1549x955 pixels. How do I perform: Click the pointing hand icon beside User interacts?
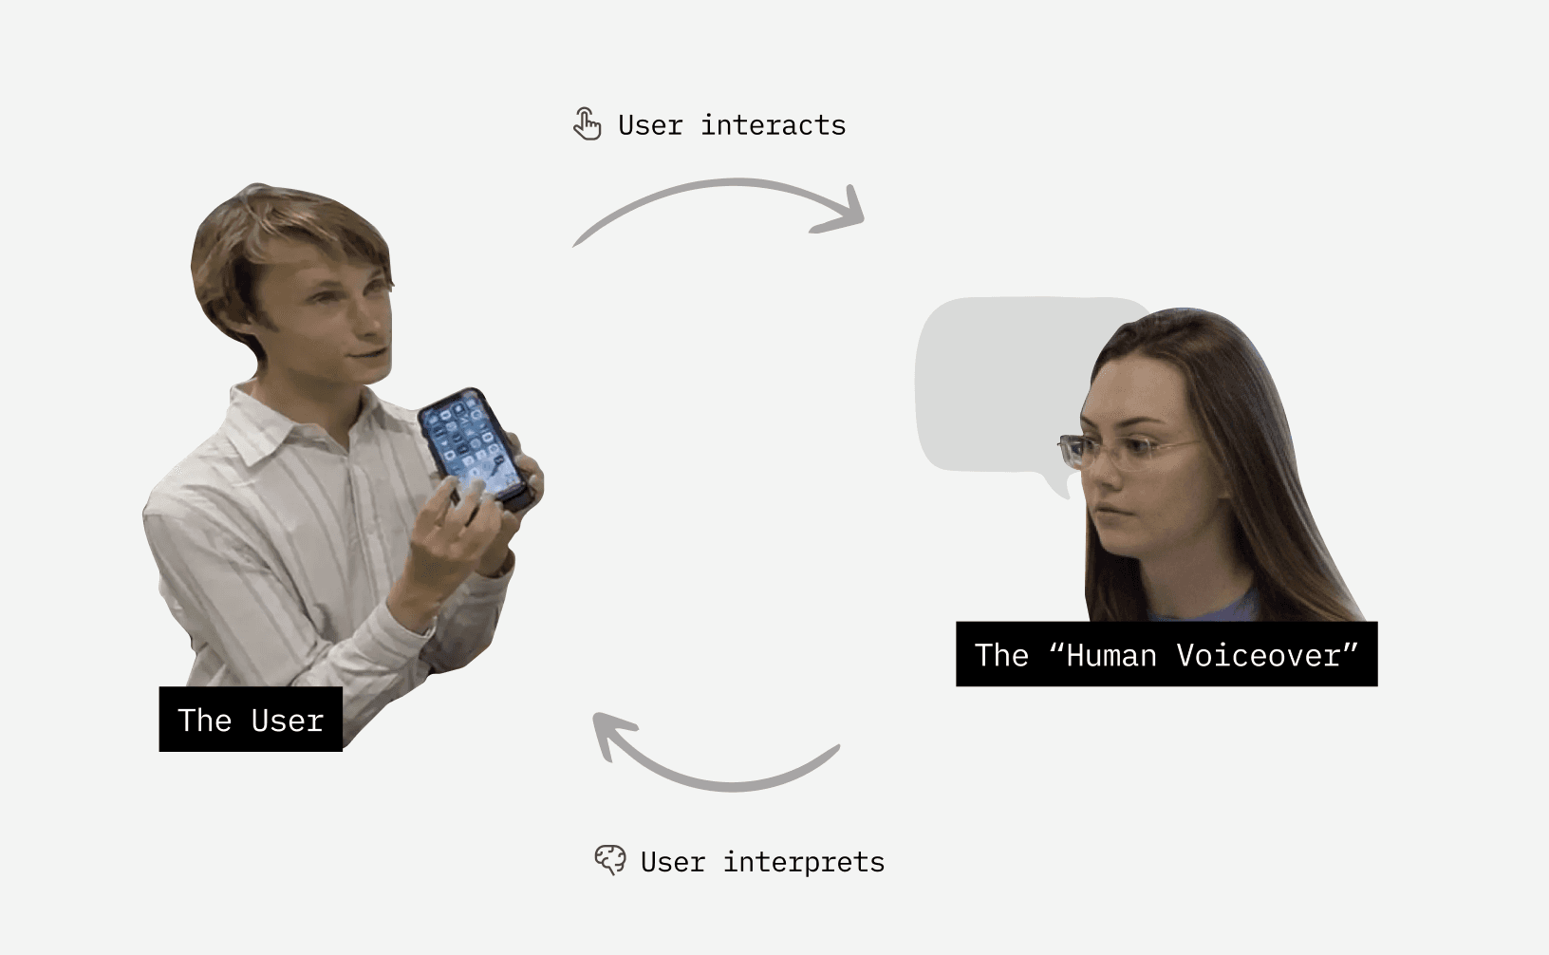tap(588, 124)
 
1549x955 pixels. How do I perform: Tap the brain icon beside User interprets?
tap(609, 860)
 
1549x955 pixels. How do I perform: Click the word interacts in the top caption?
tap(773, 125)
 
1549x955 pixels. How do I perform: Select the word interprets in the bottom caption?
tap(803, 862)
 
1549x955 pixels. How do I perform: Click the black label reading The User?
tap(251, 720)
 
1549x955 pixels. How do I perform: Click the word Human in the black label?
tap(1110, 655)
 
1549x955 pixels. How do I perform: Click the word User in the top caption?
tap(650, 125)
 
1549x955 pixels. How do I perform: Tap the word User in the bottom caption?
tap(672, 862)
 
